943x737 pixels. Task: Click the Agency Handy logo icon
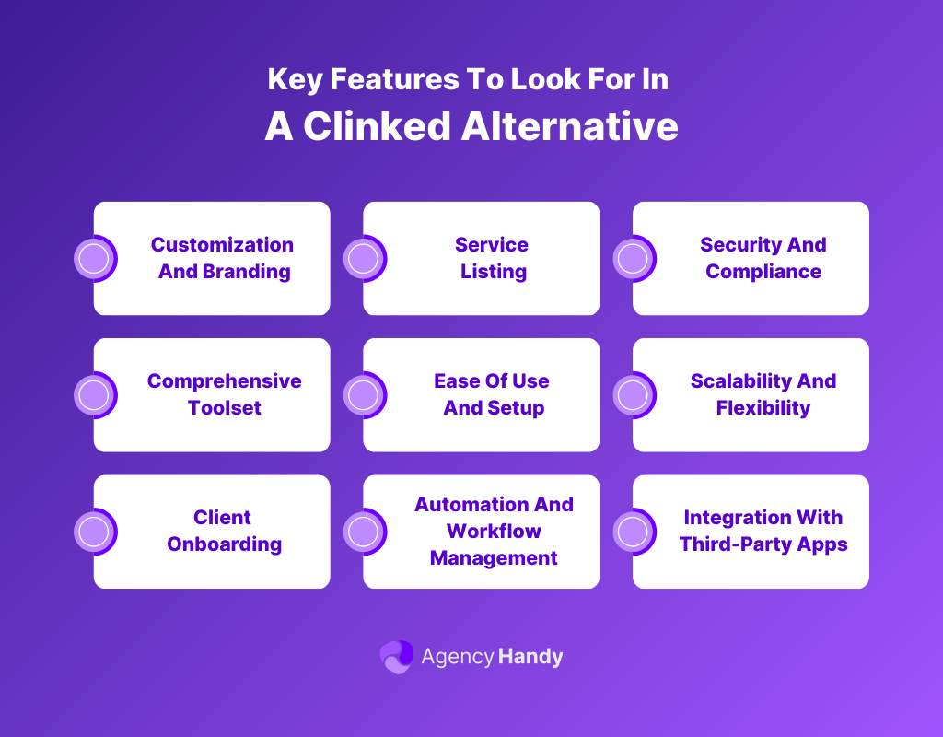click(x=396, y=657)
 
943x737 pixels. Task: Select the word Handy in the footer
click(x=530, y=657)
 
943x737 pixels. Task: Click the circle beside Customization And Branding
click(x=94, y=259)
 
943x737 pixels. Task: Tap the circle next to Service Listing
click(x=364, y=259)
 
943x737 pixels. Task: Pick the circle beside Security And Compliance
click(x=633, y=259)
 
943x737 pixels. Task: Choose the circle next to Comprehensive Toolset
click(x=94, y=395)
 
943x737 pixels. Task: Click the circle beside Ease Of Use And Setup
click(x=364, y=395)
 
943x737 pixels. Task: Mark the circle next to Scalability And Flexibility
click(x=633, y=395)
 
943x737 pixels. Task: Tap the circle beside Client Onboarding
click(x=94, y=532)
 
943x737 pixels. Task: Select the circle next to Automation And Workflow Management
click(x=364, y=532)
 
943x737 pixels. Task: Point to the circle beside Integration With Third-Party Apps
click(x=633, y=532)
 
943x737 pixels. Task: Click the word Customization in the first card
click(x=222, y=245)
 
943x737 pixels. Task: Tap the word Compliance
click(x=763, y=272)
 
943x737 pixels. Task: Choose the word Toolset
click(x=225, y=408)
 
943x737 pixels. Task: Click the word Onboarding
click(x=224, y=544)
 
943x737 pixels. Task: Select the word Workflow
click(x=494, y=532)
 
